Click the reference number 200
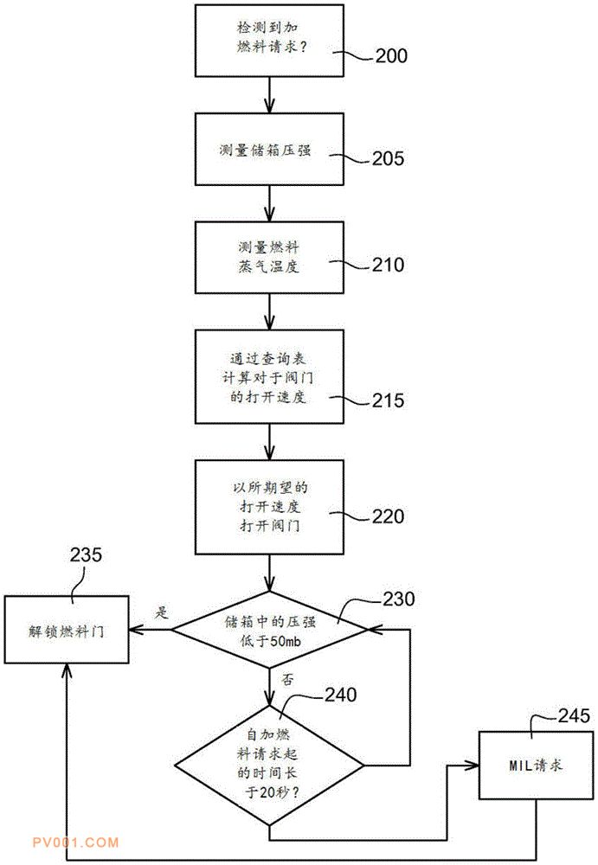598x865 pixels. [390, 57]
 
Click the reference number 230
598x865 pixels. [397, 599]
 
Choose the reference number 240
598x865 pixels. [344, 694]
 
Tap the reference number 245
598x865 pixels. [573, 715]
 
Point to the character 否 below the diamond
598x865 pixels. [287, 680]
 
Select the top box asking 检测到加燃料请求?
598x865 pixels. [271, 41]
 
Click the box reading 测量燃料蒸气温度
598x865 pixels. [271, 256]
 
